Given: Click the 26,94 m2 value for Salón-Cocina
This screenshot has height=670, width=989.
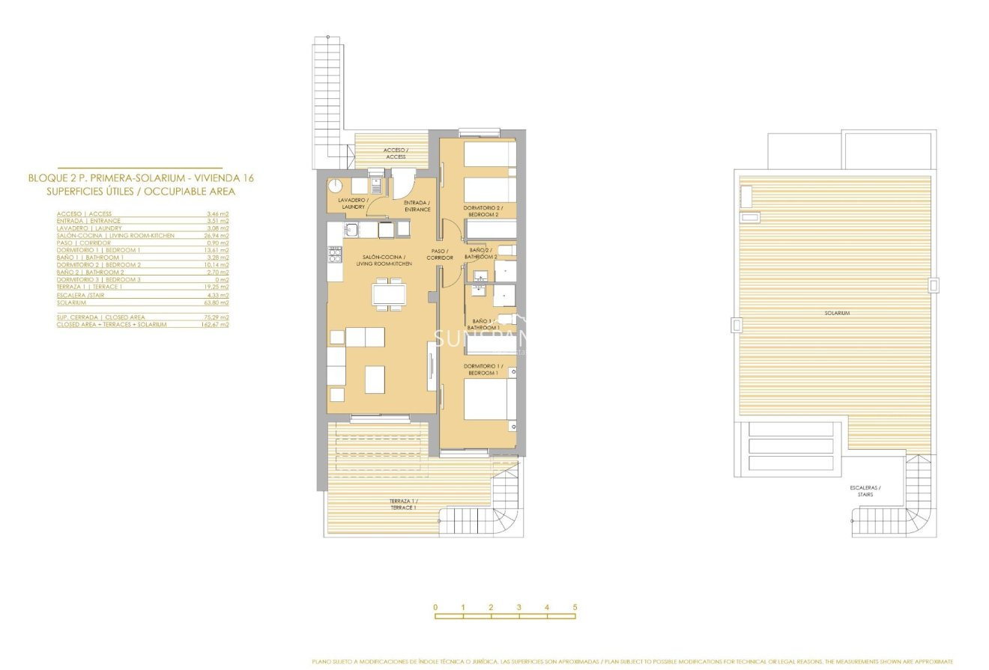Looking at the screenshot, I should point(218,236).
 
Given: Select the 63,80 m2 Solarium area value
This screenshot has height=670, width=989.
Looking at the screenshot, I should point(218,302).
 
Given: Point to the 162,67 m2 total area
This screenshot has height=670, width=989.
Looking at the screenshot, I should point(217,325).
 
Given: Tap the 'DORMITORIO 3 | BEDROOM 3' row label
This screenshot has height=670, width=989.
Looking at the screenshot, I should point(98,280).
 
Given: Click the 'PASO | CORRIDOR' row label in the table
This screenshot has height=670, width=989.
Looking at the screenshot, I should point(83,243).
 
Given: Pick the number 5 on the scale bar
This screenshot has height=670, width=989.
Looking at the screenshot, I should point(575,607).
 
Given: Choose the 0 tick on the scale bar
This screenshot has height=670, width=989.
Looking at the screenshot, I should point(435,607).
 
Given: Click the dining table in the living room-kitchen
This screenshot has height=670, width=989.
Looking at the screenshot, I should point(389,293).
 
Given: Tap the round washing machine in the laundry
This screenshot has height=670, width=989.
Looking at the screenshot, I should point(336,186).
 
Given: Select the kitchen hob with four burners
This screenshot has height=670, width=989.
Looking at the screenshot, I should point(334,254).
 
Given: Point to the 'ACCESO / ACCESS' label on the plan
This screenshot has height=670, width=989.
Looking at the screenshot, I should point(396,153).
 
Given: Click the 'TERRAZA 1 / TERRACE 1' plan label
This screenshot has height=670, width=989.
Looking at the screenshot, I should point(403,505).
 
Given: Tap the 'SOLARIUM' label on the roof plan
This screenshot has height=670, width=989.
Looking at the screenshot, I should point(837,313).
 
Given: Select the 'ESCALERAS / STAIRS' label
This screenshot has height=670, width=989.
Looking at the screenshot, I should point(865,491).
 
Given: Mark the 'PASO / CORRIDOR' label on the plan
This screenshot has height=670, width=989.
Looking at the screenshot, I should point(440,255).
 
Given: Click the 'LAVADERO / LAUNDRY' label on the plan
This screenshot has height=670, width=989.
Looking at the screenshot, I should point(352,204).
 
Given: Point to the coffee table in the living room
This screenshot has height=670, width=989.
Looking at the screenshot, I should point(375,379).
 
